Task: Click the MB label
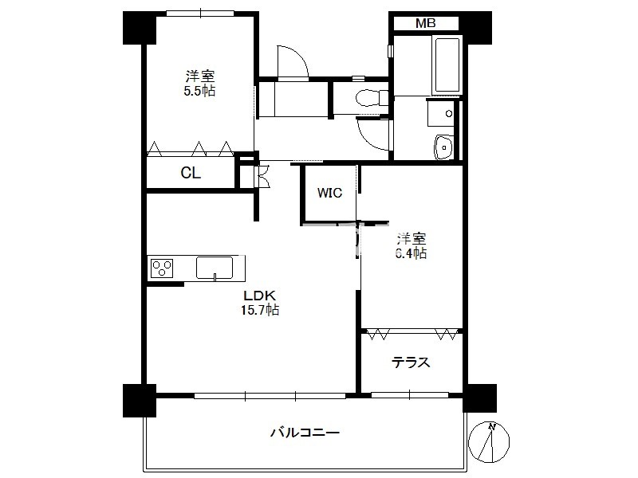[x=425, y=24]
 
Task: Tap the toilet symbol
[x=371, y=98]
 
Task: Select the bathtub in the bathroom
[x=447, y=65]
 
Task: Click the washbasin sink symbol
[x=443, y=147]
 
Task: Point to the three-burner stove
[x=162, y=268]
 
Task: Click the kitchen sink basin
[x=215, y=268]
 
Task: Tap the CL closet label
[x=191, y=173]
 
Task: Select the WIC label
[x=329, y=193]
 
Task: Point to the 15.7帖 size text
[x=260, y=310]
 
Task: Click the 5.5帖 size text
[x=199, y=91]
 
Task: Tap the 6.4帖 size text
[x=411, y=253]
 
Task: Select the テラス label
[x=411, y=362]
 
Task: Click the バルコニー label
[x=305, y=432]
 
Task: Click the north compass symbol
[x=489, y=442]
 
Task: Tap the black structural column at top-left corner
[x=139, y=28]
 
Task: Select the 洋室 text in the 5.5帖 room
[x=200, y=76]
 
